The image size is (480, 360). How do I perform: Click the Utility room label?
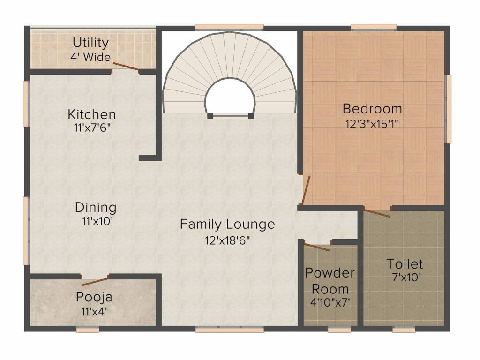[x=90, y=43]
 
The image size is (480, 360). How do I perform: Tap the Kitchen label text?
[x=92, y=114]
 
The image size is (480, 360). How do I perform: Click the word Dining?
[x=96, y=207]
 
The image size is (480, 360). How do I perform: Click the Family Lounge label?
[x=227, y=225]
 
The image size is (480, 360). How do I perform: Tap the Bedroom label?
[x=372, y=109]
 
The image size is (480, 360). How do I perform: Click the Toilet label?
[x=405, y=263]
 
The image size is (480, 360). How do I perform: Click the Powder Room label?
[x=330, y=280]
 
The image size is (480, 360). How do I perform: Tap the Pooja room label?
[x=94, y=297]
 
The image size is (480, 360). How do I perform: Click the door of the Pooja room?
[x=96, y=281]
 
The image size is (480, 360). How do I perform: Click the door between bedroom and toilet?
[x=377, y=213]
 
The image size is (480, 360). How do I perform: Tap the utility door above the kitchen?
[x=125, y=67]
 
